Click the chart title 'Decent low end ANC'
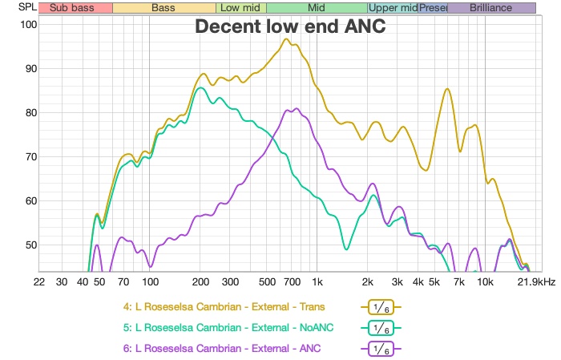(x=291, y=27)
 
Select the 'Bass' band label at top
(x=163, y=8)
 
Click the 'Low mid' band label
(x=236, y=8)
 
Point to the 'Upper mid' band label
(x=393, y=8)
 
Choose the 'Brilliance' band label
(x=490, y=8)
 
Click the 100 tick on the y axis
(x=28, y=24)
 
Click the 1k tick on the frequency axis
(x=317, y=282)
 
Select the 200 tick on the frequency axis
(x=200, y=282)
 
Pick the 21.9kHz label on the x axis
(x=537, y=282)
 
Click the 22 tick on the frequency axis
(x=38, y=282)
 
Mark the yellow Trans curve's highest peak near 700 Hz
(x=287, y=38)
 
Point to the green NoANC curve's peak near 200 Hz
(x=200, y=88)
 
